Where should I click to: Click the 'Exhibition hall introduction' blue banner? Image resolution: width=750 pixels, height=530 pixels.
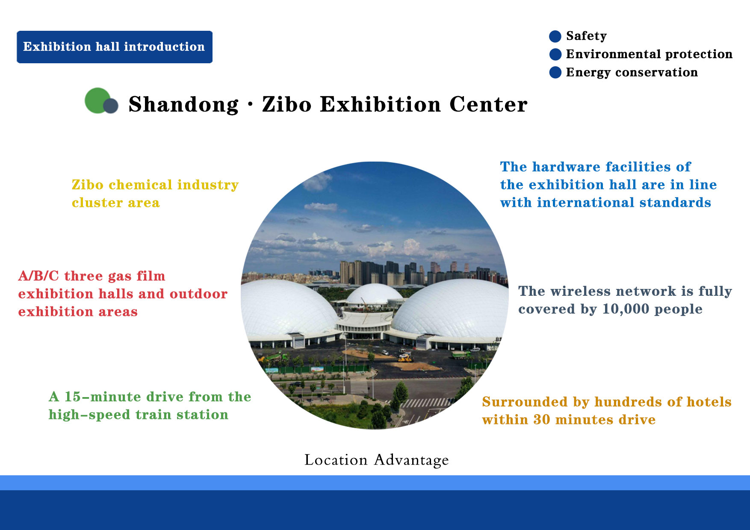[115, 47]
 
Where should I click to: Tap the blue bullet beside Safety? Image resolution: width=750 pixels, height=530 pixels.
[555, 36]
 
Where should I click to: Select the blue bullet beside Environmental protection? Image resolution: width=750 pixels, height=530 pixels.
[555, 54]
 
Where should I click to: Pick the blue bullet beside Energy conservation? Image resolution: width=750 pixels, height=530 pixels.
[555, 72]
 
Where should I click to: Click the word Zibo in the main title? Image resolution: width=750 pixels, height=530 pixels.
[287, 105]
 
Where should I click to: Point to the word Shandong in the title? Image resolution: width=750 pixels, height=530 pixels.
[183, 105]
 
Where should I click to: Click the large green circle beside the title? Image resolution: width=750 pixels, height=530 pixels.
[98, 100]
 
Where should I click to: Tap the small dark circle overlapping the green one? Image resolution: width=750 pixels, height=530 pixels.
[111, 106]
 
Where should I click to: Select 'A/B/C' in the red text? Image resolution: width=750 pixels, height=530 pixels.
[38, 276]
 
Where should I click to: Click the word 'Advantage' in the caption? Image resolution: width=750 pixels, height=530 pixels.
[411, 460]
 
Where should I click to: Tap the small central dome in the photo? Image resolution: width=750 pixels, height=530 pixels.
[375, 294]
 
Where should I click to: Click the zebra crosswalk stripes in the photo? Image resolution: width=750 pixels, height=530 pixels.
[424, 403]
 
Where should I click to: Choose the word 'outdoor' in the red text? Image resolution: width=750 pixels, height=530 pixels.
[198, 294]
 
